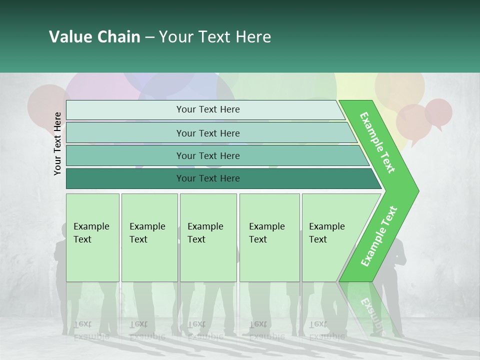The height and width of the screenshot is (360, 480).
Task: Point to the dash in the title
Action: coord(149,37)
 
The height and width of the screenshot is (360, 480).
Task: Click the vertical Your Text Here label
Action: coord(57,143)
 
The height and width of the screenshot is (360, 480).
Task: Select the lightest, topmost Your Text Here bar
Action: coord(207,109)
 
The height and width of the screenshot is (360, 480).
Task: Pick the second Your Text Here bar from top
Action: coord(207,133)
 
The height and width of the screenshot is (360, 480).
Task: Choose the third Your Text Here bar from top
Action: coord(207,155)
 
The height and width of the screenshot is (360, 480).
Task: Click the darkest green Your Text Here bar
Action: coord(207,178)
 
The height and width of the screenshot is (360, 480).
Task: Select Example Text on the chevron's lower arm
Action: coord(378,236)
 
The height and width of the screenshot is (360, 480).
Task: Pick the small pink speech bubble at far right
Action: coord(438,112)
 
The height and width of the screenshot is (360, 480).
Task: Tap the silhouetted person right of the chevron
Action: coord(395,270)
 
